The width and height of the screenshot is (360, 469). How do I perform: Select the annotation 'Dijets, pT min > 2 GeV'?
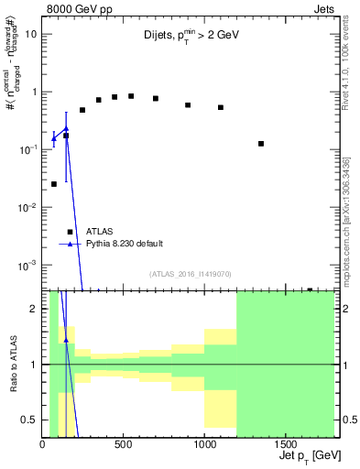[191, 40]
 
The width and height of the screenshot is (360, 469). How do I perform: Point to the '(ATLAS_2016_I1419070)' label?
[190, 272]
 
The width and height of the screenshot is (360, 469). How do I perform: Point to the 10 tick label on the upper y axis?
[30, 34]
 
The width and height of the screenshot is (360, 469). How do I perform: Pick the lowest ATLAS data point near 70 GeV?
[54, 184]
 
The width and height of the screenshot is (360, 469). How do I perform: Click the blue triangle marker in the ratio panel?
[66, 340]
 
